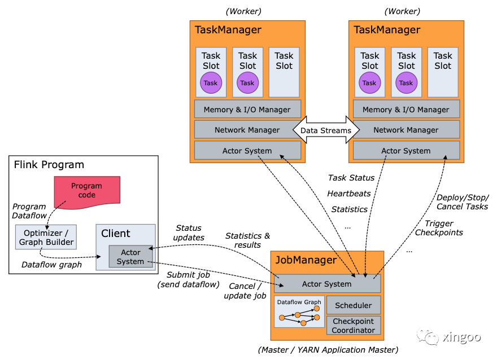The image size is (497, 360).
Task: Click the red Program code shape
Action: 86,190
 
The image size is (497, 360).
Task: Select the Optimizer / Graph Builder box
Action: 46,237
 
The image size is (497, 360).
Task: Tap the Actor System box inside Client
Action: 130,257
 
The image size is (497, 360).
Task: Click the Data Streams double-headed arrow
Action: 325,130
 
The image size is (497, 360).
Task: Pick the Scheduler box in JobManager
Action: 354,305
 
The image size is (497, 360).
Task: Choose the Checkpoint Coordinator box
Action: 354,326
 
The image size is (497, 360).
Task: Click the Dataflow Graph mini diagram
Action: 299,312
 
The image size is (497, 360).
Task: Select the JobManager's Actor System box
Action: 327,284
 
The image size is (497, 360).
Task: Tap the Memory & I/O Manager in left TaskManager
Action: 247,109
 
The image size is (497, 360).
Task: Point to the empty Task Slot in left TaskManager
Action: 284,72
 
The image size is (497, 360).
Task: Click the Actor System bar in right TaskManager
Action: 406,151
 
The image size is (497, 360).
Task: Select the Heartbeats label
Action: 350,194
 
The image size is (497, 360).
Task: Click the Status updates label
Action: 188,232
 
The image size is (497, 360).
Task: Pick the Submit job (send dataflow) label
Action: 188,279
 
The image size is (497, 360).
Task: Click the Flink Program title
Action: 49,165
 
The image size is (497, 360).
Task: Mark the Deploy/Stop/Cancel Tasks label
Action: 463,201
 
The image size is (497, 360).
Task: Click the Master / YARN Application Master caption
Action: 328,350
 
